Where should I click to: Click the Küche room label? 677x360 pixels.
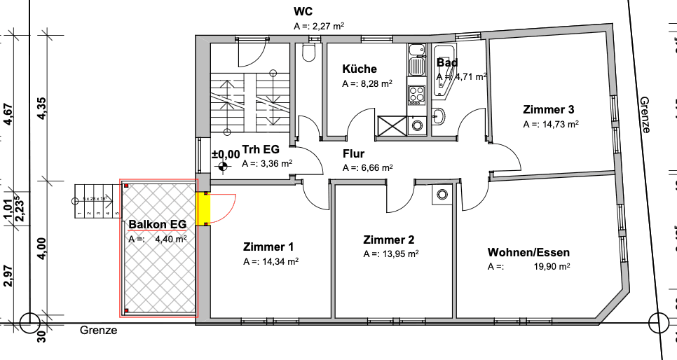click(360, 69)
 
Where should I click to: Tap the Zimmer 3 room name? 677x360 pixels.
click(549, 109)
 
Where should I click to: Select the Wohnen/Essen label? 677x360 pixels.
click(528, 252)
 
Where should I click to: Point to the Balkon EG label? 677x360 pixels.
click(158, 225)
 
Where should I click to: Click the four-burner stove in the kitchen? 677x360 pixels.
click(416, 95)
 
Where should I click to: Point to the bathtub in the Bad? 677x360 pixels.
click(444, 70)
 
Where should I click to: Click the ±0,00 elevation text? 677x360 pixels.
click(225, 153)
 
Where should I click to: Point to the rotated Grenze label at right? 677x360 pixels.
click(645, 115)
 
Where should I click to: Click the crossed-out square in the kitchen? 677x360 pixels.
click(391, 126)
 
